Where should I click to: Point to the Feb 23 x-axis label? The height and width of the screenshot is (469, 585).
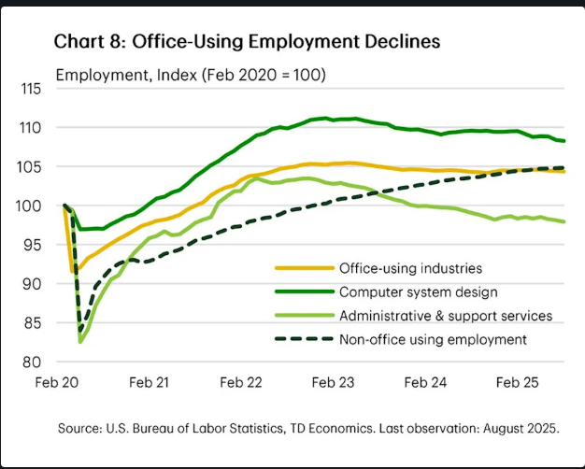click(332, 383)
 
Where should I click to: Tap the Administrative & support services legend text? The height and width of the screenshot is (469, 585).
click(447, 315)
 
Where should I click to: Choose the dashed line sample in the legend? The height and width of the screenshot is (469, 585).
click(306, 339)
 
